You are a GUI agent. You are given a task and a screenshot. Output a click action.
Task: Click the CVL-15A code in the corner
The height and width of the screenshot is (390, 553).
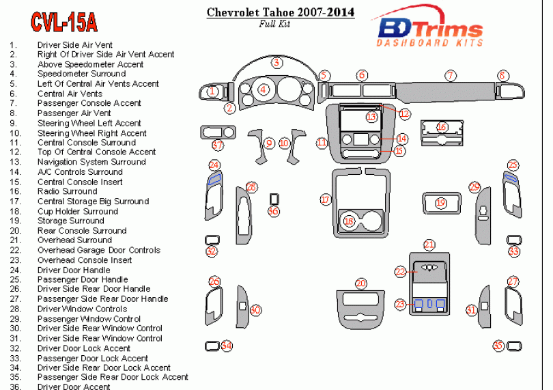click(x=64, y=23)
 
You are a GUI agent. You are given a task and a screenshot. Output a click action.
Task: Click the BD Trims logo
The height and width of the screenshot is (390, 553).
click(x=430, y=31)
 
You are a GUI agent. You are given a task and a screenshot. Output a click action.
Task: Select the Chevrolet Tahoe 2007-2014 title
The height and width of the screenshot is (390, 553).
click(x=280, y=12)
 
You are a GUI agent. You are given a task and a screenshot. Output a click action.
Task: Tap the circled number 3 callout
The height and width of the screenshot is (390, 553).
click(x=276, y=63)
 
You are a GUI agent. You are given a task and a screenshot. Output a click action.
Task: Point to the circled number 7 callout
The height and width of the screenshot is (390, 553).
click(x=450, y=75)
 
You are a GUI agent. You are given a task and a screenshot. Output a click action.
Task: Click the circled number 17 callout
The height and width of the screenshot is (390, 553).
click(x=326, y=199)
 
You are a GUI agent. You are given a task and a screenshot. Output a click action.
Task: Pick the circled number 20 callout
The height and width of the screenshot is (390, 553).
click(x=360, y=283)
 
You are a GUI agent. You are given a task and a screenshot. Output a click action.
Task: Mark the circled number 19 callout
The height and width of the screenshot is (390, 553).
click(x=440, y=203)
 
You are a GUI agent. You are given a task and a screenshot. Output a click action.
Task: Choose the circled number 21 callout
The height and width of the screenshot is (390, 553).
click(x=429, y=245)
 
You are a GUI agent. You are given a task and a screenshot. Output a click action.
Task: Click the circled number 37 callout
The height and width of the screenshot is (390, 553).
click(x=218, y=145)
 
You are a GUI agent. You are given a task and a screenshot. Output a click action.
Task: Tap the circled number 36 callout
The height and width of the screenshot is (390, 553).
click(x=274, y=211)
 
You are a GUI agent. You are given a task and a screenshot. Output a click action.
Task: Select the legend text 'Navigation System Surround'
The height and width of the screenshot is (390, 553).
click(x=91, y=162)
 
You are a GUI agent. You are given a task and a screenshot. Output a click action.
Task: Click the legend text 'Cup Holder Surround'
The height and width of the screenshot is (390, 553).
click(x=78, y=211)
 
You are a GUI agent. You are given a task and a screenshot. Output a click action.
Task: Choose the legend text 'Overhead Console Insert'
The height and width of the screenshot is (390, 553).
click(x=85, y=260)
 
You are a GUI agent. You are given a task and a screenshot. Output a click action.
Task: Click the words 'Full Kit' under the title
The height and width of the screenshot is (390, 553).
click(x=274, y=24)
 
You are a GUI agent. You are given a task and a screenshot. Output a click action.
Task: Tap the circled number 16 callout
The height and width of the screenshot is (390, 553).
click(x=442, y=127)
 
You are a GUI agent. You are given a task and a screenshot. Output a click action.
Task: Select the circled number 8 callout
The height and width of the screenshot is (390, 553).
click(x=502, y=75)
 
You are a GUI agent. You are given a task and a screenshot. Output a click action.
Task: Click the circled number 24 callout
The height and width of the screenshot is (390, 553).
click(x=214, y=165)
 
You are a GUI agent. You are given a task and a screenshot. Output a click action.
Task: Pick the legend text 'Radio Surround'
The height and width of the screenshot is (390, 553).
click(x=67, y=191)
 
